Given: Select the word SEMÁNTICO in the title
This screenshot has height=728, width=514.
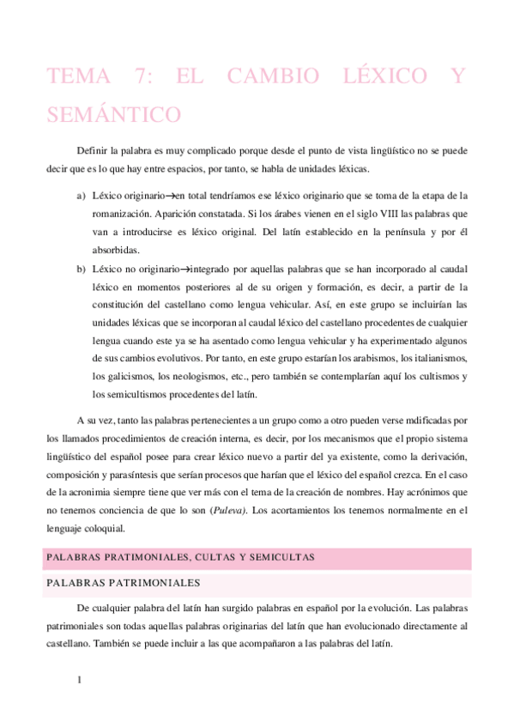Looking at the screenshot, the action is click(114, 114).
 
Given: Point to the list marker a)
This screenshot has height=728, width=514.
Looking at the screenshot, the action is click(81, 196).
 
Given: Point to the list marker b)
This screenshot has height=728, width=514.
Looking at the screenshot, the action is click(81, 269).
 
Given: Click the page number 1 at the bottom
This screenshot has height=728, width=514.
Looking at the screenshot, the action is click(79, 682).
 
